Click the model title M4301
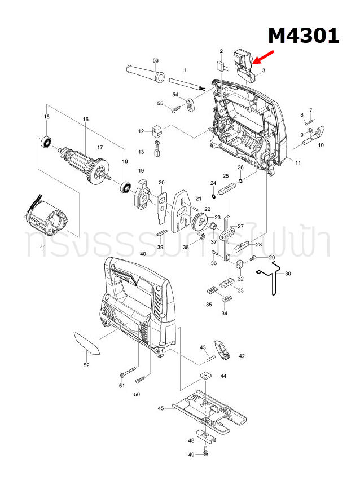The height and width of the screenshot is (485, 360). click(303, 36)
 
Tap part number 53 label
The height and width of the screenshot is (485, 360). click(156, 60)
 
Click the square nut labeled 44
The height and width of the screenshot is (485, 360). click(205, 376)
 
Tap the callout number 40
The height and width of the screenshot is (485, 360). click(143, 254)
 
